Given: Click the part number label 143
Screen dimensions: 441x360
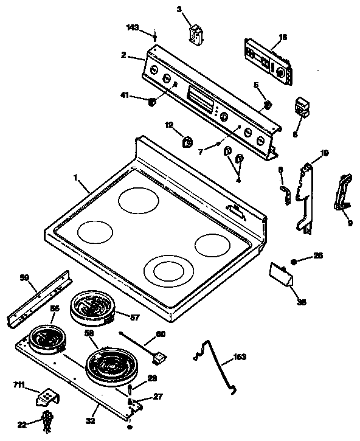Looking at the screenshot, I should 132,28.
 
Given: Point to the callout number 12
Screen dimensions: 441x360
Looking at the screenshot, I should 168,125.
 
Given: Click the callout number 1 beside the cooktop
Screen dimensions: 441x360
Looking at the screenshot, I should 76,178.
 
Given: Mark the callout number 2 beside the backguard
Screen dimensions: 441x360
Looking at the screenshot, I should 123,55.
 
